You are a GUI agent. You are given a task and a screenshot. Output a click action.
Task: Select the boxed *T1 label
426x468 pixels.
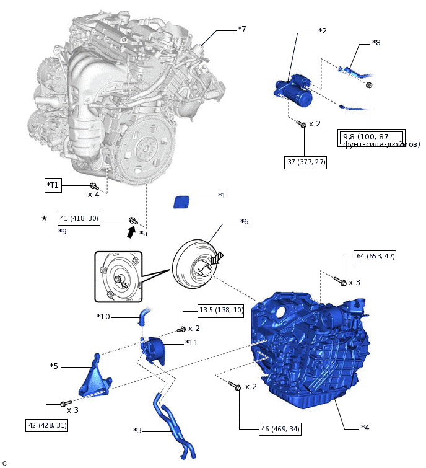click(x=53, y=185)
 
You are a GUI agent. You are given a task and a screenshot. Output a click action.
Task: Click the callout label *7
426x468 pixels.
click(x=242, y=29)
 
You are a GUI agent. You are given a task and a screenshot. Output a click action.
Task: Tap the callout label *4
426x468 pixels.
click(x=365, y=427)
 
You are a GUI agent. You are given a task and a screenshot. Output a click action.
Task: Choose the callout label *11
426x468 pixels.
click(x=192, y=342)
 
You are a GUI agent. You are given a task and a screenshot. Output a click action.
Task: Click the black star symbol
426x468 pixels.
click(x=44, y=218)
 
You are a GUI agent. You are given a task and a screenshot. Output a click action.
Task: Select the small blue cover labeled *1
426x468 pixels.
click(x=181, y=203)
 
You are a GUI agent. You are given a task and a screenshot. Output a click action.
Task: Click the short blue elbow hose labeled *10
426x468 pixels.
click(x=144, y=317)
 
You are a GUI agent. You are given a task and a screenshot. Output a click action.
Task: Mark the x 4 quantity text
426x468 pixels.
click(x=93, y=195)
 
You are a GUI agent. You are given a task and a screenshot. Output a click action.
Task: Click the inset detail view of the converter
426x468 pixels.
click(x=118, y=278)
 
